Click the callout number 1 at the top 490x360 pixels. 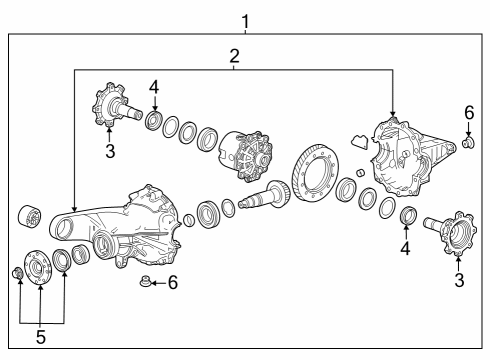click(x=245, y=19)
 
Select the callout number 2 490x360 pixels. click(x=233, y=56)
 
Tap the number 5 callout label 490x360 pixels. click(x=40, y=337)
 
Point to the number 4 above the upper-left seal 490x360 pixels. click(x=154, y=88)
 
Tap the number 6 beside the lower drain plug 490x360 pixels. click(x=172, y=283)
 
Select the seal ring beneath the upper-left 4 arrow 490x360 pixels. click(x=154, y=122)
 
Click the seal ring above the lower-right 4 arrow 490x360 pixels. click(x=407, y=216)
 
